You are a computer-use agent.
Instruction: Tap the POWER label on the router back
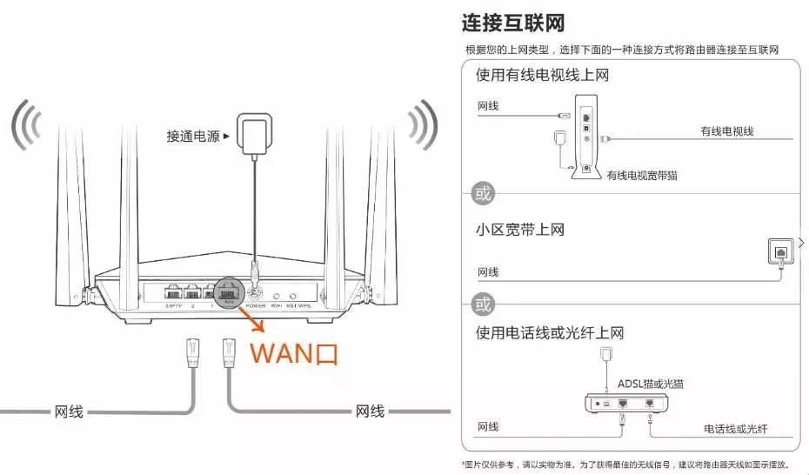pos(255,305)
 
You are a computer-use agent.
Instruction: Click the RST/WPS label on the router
pos(298,305)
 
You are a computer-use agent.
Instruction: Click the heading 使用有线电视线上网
pos(541,75)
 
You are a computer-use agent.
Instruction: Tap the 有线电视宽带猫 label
pos(642,176)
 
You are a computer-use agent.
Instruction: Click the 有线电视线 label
pos(726,131)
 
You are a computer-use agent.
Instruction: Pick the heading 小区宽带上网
pos(519,231)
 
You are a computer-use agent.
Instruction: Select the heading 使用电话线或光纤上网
pos(550,333)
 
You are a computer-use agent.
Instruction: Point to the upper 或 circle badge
pos(482,193)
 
